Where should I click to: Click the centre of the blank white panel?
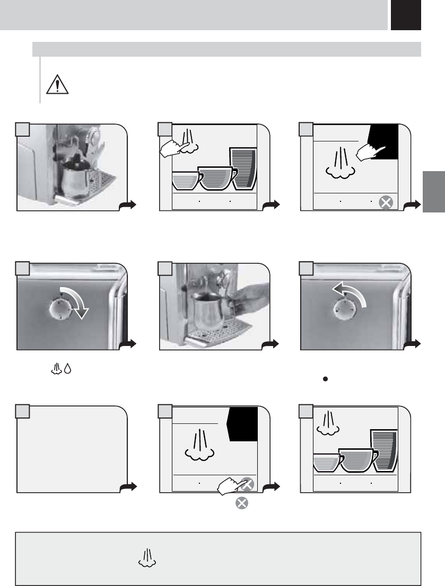click(72, 449)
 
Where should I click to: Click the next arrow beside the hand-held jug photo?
click(271, 345)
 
